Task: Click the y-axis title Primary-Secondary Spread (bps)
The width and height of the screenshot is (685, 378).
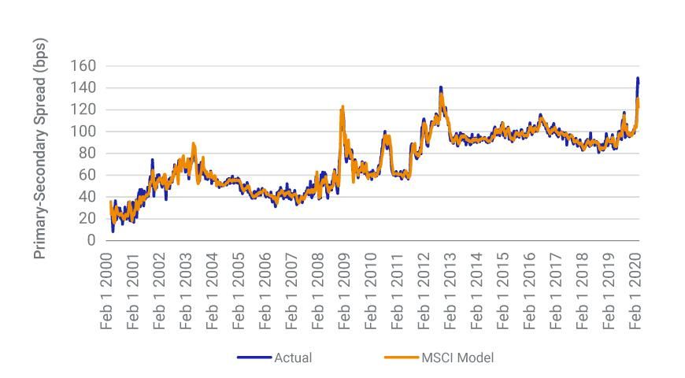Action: [x=40, y=147]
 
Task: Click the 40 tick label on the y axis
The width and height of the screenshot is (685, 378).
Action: [x=87, y=197]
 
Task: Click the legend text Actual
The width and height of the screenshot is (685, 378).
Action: [x=293, y=358]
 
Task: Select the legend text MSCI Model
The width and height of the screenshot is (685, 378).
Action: [x=458, y=358]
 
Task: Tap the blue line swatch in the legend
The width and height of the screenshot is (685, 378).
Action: [x=254, y=358]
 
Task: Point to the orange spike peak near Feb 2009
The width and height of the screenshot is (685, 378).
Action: [x=342, y=106]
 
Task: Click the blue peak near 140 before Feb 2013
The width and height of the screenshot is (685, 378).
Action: [x=441, y=87]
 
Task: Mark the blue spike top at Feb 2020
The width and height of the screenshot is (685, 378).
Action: [x=637, y=78]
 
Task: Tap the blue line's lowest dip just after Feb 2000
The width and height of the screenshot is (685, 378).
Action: [x=113, y=231]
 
